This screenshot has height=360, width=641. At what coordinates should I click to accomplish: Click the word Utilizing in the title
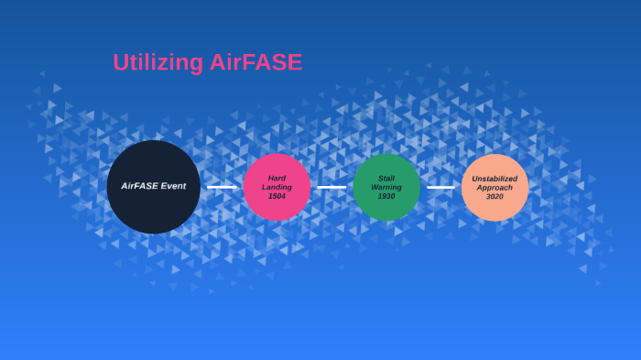158,62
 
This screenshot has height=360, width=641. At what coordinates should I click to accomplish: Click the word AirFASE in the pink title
255,62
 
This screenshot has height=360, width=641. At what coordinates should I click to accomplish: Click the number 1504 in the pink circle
277,196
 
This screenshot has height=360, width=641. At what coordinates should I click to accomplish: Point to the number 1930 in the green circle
386,196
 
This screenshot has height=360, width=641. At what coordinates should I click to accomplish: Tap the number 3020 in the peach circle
494,196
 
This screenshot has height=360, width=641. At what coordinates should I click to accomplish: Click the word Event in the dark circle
173,186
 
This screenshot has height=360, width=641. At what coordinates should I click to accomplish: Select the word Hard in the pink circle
277,178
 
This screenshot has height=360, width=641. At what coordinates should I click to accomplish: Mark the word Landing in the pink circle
277,187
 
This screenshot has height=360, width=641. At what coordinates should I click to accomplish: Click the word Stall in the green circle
386,178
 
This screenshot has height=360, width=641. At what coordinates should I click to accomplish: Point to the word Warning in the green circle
386,187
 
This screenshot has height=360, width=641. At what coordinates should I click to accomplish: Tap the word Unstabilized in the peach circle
494,178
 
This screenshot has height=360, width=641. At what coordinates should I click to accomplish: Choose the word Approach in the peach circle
494,187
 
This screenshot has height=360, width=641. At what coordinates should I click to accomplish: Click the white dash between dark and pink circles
221,187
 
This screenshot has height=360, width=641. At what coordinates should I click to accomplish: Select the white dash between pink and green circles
331,187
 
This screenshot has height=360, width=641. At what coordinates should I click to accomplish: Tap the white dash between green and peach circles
440,187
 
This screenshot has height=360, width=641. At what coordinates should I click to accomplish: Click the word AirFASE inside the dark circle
140,186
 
